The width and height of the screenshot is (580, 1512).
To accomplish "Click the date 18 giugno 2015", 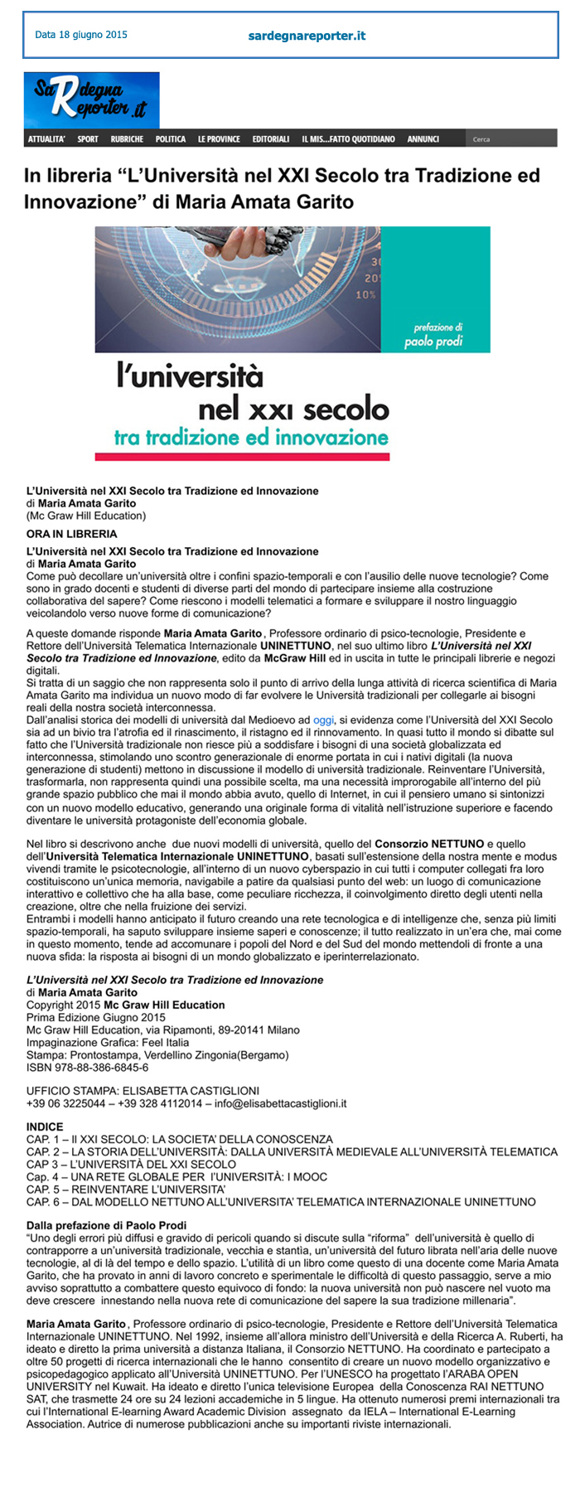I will [x=81, y=35].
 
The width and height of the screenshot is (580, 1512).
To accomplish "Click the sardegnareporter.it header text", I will [x=307, y=36].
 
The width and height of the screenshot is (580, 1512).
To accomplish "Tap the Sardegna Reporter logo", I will [x=91, y=99].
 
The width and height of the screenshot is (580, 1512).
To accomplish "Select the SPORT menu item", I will [x=88, y=139].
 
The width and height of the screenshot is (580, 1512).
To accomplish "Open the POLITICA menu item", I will [x=171, y=139].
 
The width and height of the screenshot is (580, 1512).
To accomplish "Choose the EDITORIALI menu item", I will [x=271, y=139].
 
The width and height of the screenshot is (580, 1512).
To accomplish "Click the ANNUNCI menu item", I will [x=423, y=139].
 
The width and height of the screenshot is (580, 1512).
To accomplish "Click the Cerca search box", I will [x=510, y=139].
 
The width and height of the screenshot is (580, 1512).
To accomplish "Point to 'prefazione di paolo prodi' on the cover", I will [x=433, y=335].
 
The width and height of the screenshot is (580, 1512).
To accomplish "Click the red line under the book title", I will [x=242, y=457].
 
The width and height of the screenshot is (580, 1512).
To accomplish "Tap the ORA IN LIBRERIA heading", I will [x=72, y=534].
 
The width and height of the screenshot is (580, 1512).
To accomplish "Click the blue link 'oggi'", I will [x=323, y=720].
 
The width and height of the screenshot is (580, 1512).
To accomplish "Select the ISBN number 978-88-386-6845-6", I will [x=87, y=1068].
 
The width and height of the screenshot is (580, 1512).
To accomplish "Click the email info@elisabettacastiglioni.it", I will [x=281, y=1103].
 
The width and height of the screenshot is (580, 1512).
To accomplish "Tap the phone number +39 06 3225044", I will [x=66, y=1103].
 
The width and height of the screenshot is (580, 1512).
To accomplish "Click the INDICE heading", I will [x=45, y=1127].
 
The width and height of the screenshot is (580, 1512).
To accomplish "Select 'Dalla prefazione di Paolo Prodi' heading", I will [x=106, y=1225].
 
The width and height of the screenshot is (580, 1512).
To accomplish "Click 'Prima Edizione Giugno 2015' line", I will [x=96, y=1017].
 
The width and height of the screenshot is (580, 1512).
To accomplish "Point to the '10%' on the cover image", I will [x=365, y=294].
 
